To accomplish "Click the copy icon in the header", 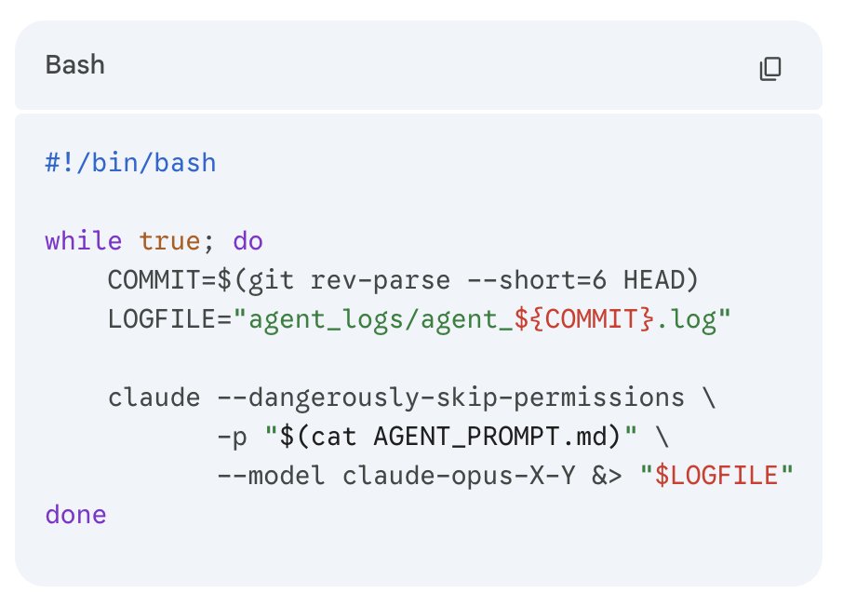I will pyautogui.click(x=770, y=68).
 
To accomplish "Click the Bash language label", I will pyautogui.click(x=74, y=66).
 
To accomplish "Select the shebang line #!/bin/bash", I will pyautogui.click(x=130, y=164).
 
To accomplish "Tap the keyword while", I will pyautogui.click(x=83, y=242).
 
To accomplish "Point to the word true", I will pyautogui.click(x=169, y=242).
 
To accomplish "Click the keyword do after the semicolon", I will pyautogui.click(x=248, y=242).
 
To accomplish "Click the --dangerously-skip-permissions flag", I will pyautogui.click(x=450, y=398).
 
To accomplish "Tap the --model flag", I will pyautogui.click(x=271, y=476).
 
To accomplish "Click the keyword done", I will pyautogui.click(x=75, y=515).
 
